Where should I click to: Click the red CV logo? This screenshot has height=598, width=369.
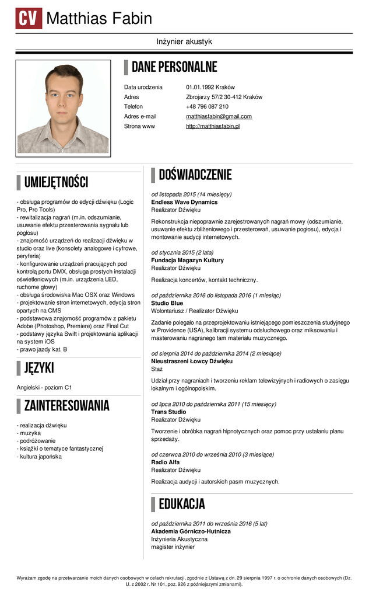point(29,19)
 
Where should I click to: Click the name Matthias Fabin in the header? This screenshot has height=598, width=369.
point(99,19)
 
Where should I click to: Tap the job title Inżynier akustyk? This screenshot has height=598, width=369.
point(184,42)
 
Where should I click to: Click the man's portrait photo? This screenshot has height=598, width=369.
point(63,108)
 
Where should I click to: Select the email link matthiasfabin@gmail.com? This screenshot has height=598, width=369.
point(219,116)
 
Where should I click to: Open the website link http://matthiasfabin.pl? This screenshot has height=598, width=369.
point(213,126)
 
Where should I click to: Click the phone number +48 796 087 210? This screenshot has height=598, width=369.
point(207,106)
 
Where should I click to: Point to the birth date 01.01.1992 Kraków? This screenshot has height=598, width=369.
point(210,87)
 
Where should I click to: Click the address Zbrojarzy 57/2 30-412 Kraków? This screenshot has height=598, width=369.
point(224,97)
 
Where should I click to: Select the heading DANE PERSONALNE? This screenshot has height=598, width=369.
point(174,67)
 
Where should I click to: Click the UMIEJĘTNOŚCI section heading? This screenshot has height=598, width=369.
point(56,183)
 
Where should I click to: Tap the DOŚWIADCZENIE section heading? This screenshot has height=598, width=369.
point(195,175)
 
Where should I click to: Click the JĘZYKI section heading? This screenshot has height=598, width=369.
point(39,368)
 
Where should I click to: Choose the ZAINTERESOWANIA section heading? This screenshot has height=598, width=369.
point(66,405)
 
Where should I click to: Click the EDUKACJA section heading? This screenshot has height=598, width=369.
point(181,504)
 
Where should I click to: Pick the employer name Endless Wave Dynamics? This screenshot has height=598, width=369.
point(184,202)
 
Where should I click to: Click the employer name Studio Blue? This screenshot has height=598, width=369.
point(167,304)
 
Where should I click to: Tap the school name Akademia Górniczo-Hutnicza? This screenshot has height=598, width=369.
point(191,531)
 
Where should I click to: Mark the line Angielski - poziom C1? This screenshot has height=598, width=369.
point(44,387)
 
